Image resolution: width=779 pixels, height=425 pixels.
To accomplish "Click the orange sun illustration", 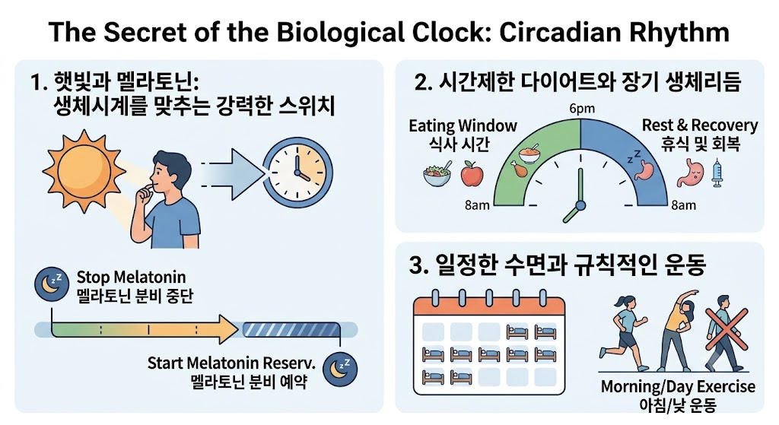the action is (x=84, y=171).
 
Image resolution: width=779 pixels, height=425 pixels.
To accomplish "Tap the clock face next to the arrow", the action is (x=297, y=173).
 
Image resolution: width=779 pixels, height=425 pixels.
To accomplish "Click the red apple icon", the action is (x=472, y=174).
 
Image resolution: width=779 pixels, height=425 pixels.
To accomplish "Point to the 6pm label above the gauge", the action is (x=582, y=109).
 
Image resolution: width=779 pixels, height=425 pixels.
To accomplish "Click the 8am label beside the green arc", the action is (x=477, y=205).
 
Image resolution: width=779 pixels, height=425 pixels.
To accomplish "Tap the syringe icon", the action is (x=717, y=173).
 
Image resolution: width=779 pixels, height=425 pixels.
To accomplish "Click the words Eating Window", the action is (x=463, y=126).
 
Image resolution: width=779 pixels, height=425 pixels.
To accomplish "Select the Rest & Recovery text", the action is (x=700, y=125).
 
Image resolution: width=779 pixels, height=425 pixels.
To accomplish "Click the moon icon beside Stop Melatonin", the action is (x=52, y=285).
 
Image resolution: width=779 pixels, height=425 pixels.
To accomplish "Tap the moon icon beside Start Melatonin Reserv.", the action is (x=340, y=369).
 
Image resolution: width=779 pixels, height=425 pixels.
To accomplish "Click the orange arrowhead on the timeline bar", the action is (x=228, y=329).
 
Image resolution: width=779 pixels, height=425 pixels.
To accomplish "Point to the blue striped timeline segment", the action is (x=291, y=330).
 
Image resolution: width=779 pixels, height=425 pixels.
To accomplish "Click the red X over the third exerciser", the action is (x=727, y=330).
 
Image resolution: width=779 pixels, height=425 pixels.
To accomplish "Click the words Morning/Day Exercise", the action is (x=678, y=386).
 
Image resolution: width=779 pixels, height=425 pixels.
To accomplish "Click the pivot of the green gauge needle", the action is (x=580, y=205).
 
